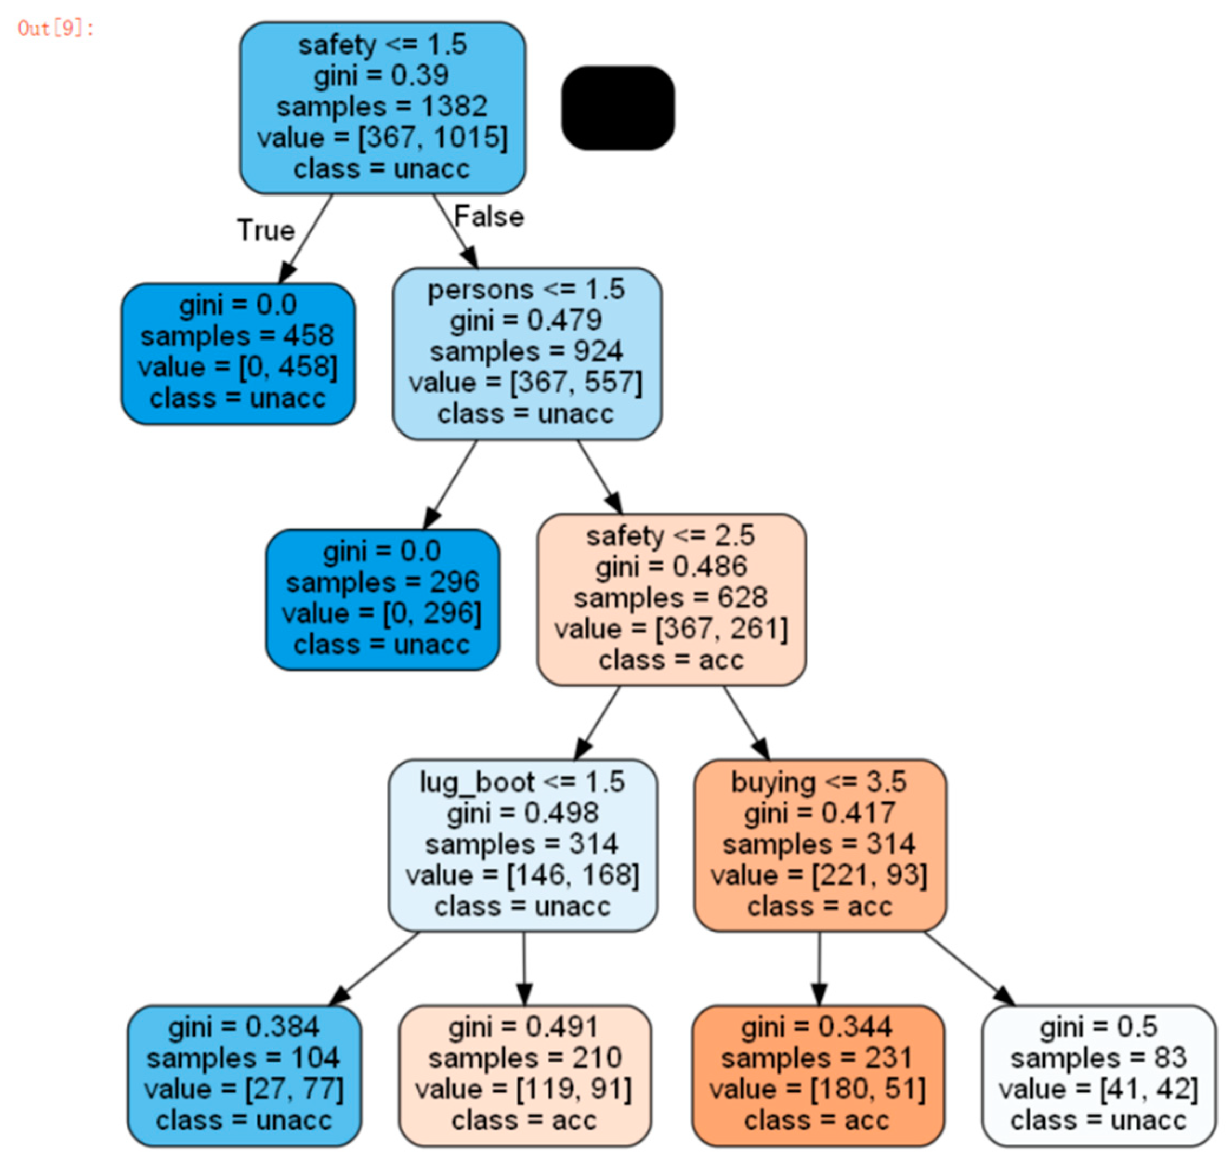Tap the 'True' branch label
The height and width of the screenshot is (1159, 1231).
click(266, 230)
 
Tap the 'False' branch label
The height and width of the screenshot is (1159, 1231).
click(489, 217)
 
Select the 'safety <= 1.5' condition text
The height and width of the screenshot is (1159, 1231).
click(382, 44)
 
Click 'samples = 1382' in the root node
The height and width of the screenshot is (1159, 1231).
click(382, 107)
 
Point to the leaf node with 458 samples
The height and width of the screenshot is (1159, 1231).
click(238, 353)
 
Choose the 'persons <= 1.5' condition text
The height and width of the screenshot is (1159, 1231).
click(526, 289)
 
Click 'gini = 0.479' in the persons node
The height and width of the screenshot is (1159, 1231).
click(526, 320)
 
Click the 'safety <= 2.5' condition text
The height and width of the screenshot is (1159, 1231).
click(671, 535)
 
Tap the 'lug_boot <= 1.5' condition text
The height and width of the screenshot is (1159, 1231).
click(522, 782)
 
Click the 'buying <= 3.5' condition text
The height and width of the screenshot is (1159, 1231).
click(819, 782)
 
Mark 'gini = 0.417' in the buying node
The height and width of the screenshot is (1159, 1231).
click(819, 813)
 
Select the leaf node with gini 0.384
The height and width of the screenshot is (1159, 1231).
click(244, 1076)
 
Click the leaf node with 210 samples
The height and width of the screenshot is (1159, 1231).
click(525, 1076)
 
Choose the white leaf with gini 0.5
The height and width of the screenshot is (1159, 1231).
click(1098, 1076)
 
